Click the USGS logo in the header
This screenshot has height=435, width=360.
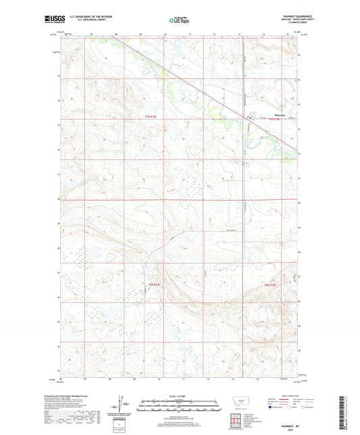pyautogui.click(x=51, y=20)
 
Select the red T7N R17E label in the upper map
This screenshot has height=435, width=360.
pyautogui.click(x=155, y=118)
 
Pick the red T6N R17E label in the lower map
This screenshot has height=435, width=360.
pyautogui.click(x=155, y=285)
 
